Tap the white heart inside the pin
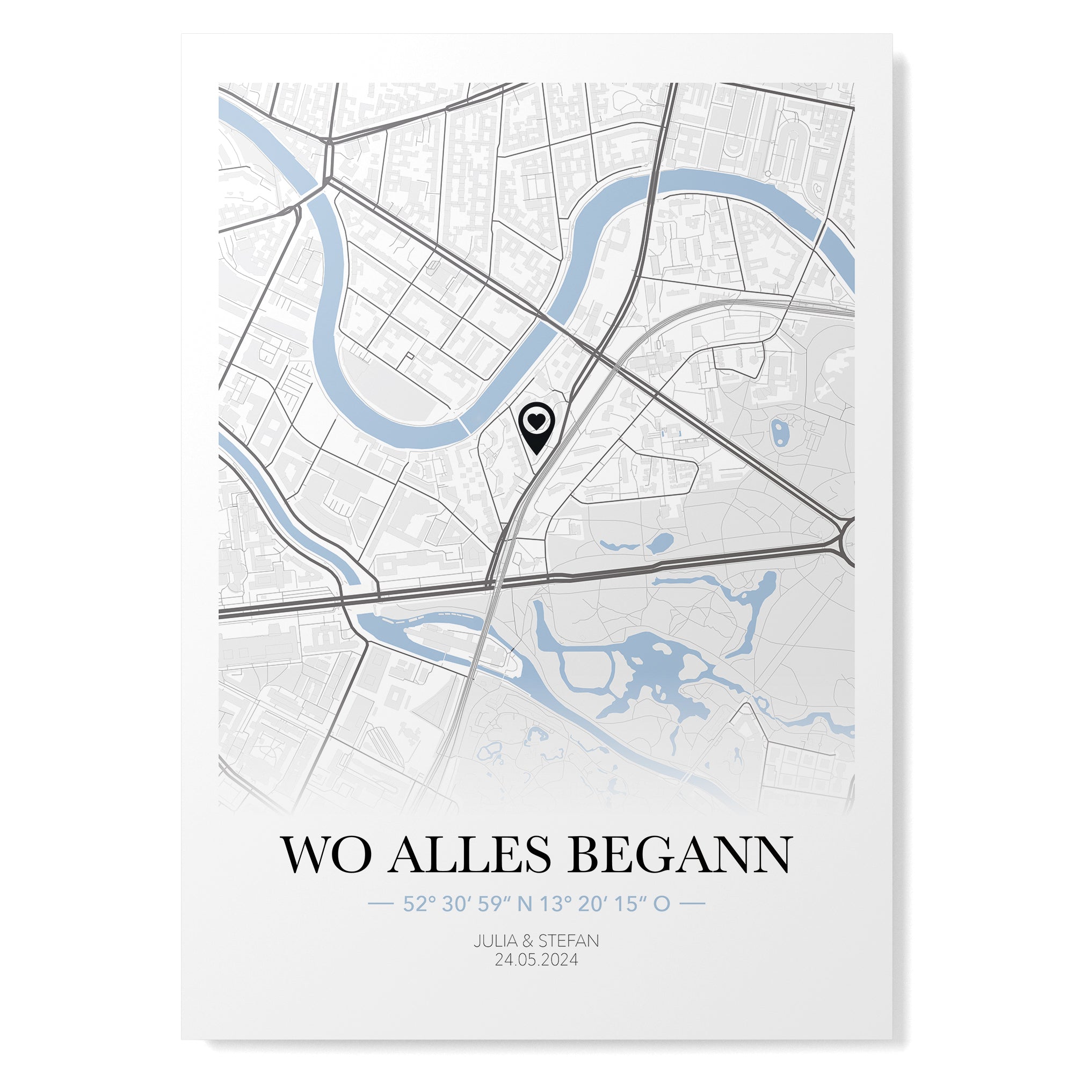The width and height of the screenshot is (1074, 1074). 536,422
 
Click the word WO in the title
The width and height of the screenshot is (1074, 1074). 327,870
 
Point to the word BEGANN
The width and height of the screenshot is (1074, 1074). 679,870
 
